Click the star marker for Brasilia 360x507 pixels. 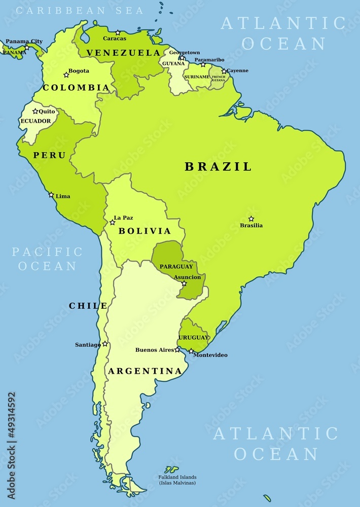click(x=251, y=219)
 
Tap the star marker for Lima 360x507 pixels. click(x=51, y=195)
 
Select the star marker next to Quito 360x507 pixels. click(x=35, y=111)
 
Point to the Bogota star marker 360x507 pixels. click(x=66, y=75)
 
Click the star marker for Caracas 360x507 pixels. click(x=118, y=32)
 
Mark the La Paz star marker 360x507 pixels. click(x=113, y=222)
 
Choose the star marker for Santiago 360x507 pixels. click(x=105, y=344)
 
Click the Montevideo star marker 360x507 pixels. click(x=191, y=351)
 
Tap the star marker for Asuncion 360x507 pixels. click(x=184, y=283)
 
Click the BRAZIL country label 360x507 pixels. click(x=218, y=167)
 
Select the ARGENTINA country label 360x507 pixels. click(x=145, y=371)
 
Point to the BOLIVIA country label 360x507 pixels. click(x=145, y=231)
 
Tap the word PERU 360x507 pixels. click(x=50, y=155)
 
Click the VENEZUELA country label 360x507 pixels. click(x=123, y=53)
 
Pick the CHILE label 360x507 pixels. click(x=88, y=306)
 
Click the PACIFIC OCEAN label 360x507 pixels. click(x=47, y=259)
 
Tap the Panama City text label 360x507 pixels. click(x=24, y=41)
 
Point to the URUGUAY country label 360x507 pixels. click(x=193, y=337)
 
